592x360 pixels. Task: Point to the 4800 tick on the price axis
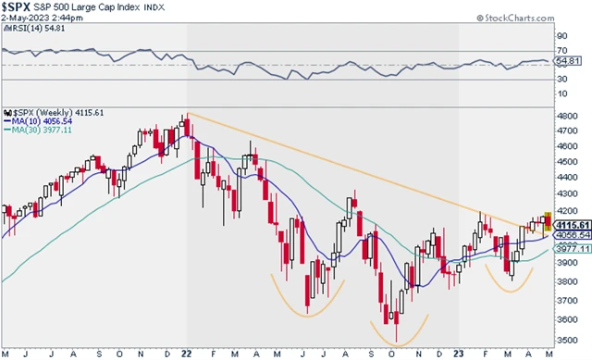pyautogui.click(x=567, y=115)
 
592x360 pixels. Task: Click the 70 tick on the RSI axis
pyautogui.click(x=561, y=52)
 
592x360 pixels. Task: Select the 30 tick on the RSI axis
pyautogui.click(x=561, y=78)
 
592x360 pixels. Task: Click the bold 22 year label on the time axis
pyautogui.click(x=187, y=353)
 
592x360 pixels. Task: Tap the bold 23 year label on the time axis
pyautogui.click(x=459, y=353)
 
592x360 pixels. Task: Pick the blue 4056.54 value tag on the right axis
pyautogui.click(x=573, y=235)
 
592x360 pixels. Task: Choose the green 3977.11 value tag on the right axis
pyautogui.click(x=573, y=249)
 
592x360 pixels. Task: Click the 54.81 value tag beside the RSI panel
pyautogui.click(x=572, y=61)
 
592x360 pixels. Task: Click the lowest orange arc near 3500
pyautogui.click(x=399, y=336)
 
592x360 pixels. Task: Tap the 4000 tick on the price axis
pyautogui.click(x=567, y=237)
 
